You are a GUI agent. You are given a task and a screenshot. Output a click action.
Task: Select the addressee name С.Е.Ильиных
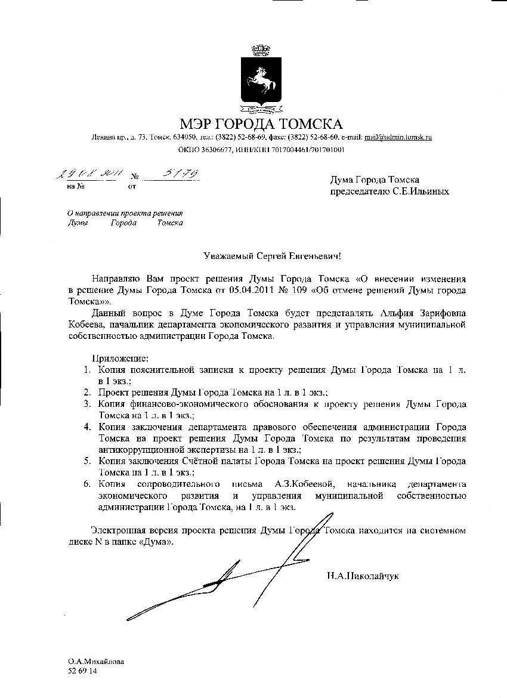coord(424,192)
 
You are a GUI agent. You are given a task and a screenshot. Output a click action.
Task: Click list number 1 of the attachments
coord(86,370)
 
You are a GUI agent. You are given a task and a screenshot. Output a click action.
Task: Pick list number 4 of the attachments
coord(86,427)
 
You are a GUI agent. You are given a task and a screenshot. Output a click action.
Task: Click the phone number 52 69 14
coord(83,671)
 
